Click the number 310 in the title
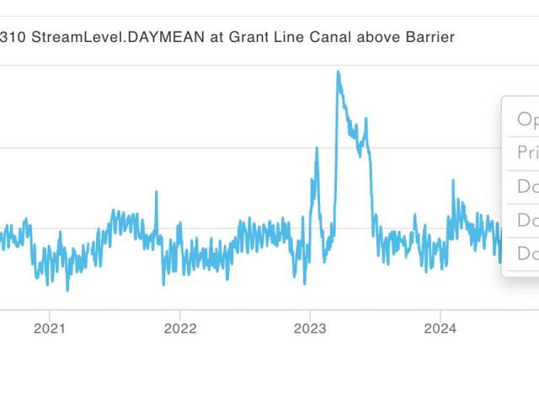click(x=13, y=37)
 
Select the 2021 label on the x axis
click(x=49, y=328)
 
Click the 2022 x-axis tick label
click(x=179, y=328)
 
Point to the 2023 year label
click(x=310, y=328)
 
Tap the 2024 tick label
click(x=440, y=328)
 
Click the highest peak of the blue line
click(x=339, y=72)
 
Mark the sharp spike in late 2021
click(x=156, y=193)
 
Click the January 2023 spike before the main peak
click(x=317, y=149)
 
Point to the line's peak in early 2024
click(x=453, y=181)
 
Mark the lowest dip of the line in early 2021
click(x=67, y=290)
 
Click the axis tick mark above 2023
click(x=310, y=312)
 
